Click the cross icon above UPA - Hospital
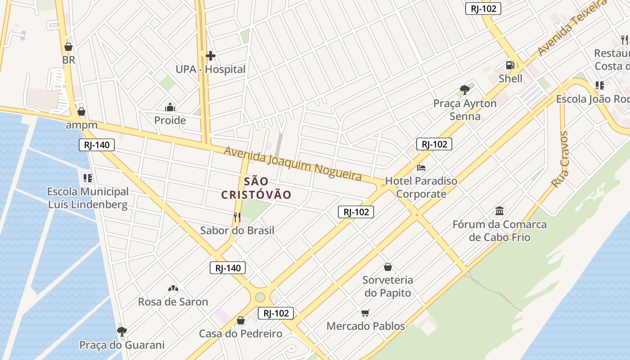pos(210,56)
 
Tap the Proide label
pos(170,120)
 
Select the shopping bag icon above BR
pos(68,47)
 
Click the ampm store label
pos(81,125)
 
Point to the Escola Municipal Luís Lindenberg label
pos(88,198)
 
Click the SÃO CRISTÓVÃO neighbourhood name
pos(256,188)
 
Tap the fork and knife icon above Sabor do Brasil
pos(237,218)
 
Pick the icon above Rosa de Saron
pos(173,288)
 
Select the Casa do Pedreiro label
pos(241,333)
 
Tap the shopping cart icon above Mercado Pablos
pos(365,313)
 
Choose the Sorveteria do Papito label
pos(387,286)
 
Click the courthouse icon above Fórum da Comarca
pos(499,211)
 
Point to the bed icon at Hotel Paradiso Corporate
pos(421,168)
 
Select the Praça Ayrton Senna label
pos(465,110)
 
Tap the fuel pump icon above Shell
pos(510,66)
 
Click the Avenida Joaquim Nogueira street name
pos(292,163)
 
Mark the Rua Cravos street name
pos(561,159)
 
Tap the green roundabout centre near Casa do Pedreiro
pos(260,297)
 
